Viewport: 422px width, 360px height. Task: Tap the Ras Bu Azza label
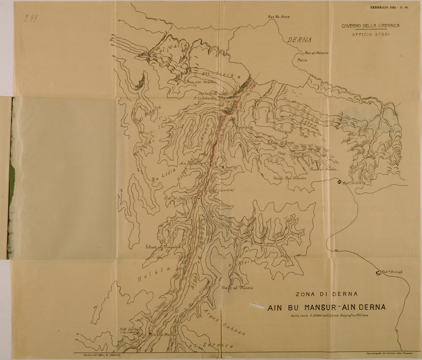point(278,17)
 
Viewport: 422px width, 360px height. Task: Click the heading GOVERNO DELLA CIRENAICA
point(370,26)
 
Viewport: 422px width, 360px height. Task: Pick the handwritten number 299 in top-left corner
point(30,18)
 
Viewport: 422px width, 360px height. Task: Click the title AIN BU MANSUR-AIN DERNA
point(327,307)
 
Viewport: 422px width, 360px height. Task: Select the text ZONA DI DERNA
point(327,294)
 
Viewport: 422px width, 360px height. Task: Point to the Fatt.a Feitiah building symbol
point(378,273)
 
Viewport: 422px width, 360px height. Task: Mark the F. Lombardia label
point(205,99)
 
